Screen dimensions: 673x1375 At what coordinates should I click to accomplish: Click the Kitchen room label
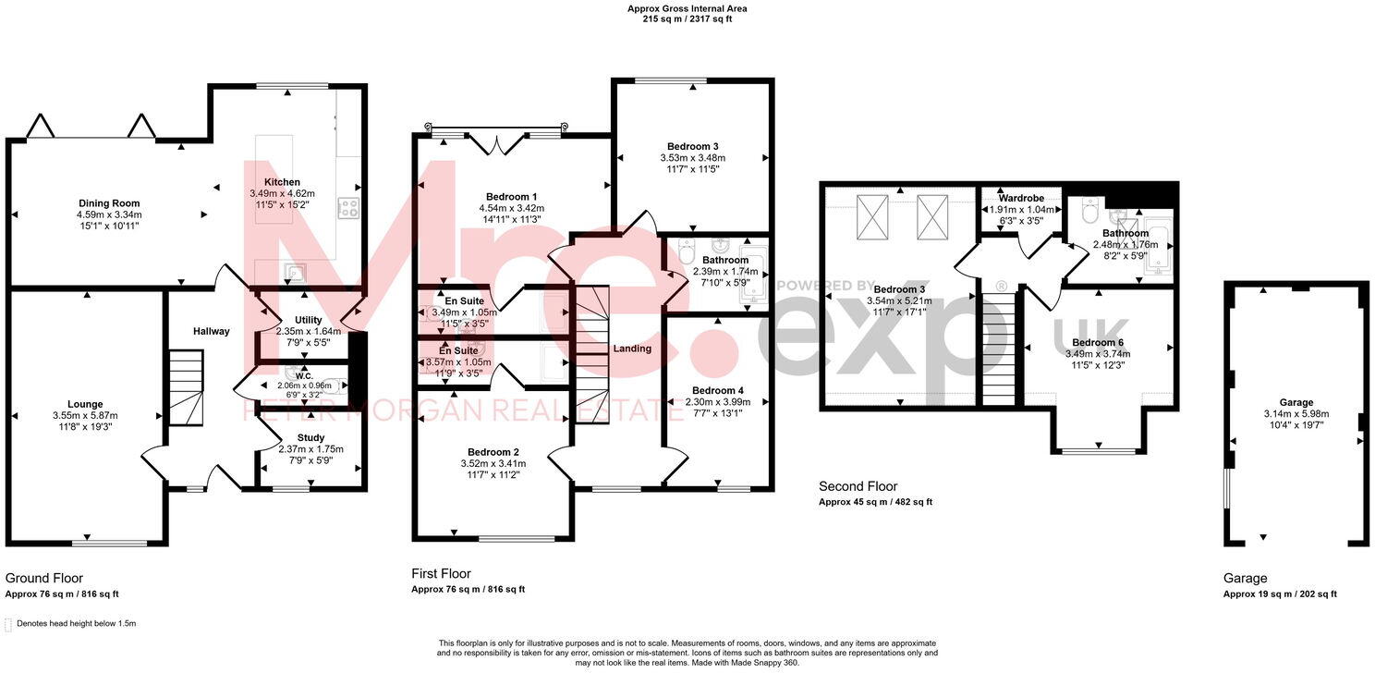tap(282, 182)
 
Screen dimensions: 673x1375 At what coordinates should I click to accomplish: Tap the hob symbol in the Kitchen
tap(348, 209)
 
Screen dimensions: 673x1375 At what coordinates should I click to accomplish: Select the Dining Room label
tap(108, 202)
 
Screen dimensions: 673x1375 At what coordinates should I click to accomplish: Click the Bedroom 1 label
tap(511, 197)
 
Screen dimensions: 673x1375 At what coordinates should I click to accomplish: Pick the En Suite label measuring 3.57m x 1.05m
tap(458, 352)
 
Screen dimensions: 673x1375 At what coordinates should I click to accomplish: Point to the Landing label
tap(632, 349)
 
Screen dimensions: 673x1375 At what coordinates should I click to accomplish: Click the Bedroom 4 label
tap(717, 390)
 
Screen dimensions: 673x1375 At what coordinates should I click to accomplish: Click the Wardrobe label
tap(1021, 198)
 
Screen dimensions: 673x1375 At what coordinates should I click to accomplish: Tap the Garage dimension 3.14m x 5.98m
tap(1296, 414)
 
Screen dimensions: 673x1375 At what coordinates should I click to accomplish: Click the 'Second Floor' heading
tap(858, 486)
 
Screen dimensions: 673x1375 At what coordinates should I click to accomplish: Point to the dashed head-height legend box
tap(8, 624)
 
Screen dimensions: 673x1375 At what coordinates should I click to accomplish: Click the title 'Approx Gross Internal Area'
tap(687, 8)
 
